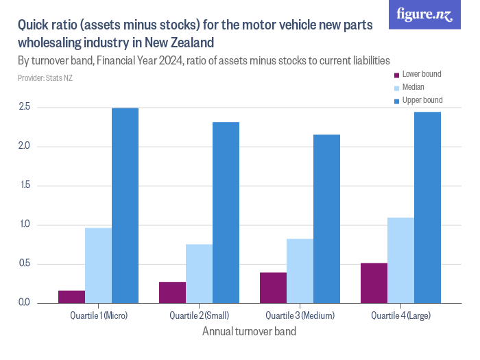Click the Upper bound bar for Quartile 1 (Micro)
(125, 206)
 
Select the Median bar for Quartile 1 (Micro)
(98, 265)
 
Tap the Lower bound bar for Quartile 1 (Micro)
(71, 297)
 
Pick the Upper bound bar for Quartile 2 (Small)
(226, 213)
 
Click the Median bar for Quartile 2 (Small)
(199, 274)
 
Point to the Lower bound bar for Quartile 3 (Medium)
(273, 288)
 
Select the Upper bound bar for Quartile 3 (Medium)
(326, 219)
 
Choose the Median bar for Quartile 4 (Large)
(400, 261)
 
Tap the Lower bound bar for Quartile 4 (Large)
(374, 283)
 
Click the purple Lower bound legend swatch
(396, 75)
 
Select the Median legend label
(413, 87)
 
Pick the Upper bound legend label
(422, 100)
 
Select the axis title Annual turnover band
(250, 332)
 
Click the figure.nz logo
(424, 14)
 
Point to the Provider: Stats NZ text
(45, 78)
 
